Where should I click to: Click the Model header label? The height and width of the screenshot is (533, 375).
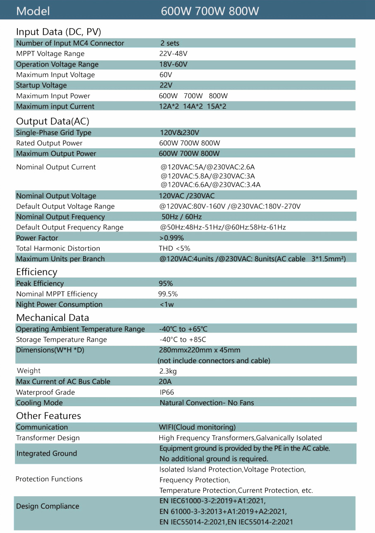(33, 11)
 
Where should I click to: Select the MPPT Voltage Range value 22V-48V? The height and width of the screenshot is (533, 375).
(173, 54)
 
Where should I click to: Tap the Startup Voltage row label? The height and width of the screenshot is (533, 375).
(41, 85)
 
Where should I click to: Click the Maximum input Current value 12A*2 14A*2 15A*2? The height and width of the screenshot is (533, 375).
(192, 106)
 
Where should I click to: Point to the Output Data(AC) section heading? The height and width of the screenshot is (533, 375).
(53, 121)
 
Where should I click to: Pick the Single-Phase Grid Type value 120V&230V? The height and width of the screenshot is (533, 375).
(180, 133)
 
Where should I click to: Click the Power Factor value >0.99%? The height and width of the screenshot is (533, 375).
(171, 238)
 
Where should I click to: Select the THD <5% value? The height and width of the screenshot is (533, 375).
(174, 248)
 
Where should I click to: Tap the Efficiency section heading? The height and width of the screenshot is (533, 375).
(36, 272)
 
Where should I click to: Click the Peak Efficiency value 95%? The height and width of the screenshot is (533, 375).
(166, 284)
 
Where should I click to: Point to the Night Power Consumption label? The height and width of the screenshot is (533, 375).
(59, 304)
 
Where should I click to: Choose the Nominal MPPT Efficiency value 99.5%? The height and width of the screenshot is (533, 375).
(168, 294)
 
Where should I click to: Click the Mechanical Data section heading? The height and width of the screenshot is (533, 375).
(53, 318)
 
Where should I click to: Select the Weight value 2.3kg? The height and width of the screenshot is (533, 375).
(168, 371)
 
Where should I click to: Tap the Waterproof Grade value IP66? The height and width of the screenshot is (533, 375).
(167, 392)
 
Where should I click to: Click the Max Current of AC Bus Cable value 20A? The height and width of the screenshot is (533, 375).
(165, 381)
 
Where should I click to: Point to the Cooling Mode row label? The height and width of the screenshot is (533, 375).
(39, 403)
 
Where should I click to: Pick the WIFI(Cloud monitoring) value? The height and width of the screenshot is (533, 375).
(197, 427)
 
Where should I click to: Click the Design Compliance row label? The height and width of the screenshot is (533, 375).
(48, 506)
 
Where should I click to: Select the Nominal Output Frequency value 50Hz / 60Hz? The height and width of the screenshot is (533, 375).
(182, 217)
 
